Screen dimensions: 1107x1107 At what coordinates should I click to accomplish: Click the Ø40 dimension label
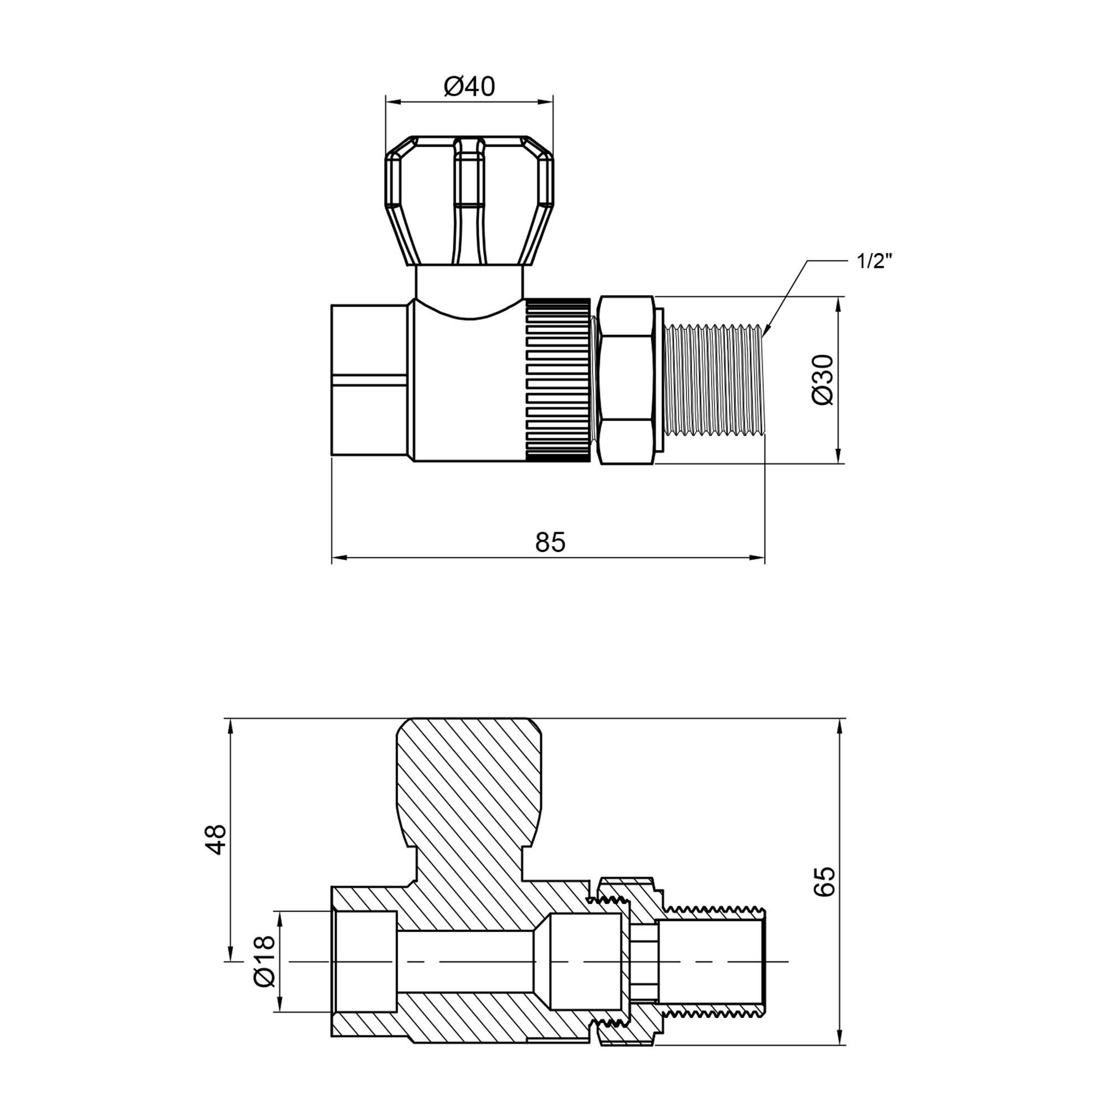click(x=469, y=86)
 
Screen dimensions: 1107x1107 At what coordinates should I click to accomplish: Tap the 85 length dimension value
click(x=550, y=542)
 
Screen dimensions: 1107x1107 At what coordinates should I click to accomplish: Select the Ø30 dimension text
click(x=824, y=379)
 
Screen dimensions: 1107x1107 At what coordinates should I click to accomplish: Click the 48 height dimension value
click(x=216, y=840)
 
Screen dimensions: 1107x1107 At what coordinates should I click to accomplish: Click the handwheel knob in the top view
click(x=469, y=200)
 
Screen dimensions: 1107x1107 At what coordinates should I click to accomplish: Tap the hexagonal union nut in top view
click(x=625, y=380)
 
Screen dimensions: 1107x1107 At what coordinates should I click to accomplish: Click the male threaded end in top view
click(x=713, y=380)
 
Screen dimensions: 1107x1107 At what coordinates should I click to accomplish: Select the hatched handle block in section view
click(x=469, y=785)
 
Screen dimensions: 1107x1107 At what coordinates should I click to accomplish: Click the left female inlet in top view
click(x=370, y=380)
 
